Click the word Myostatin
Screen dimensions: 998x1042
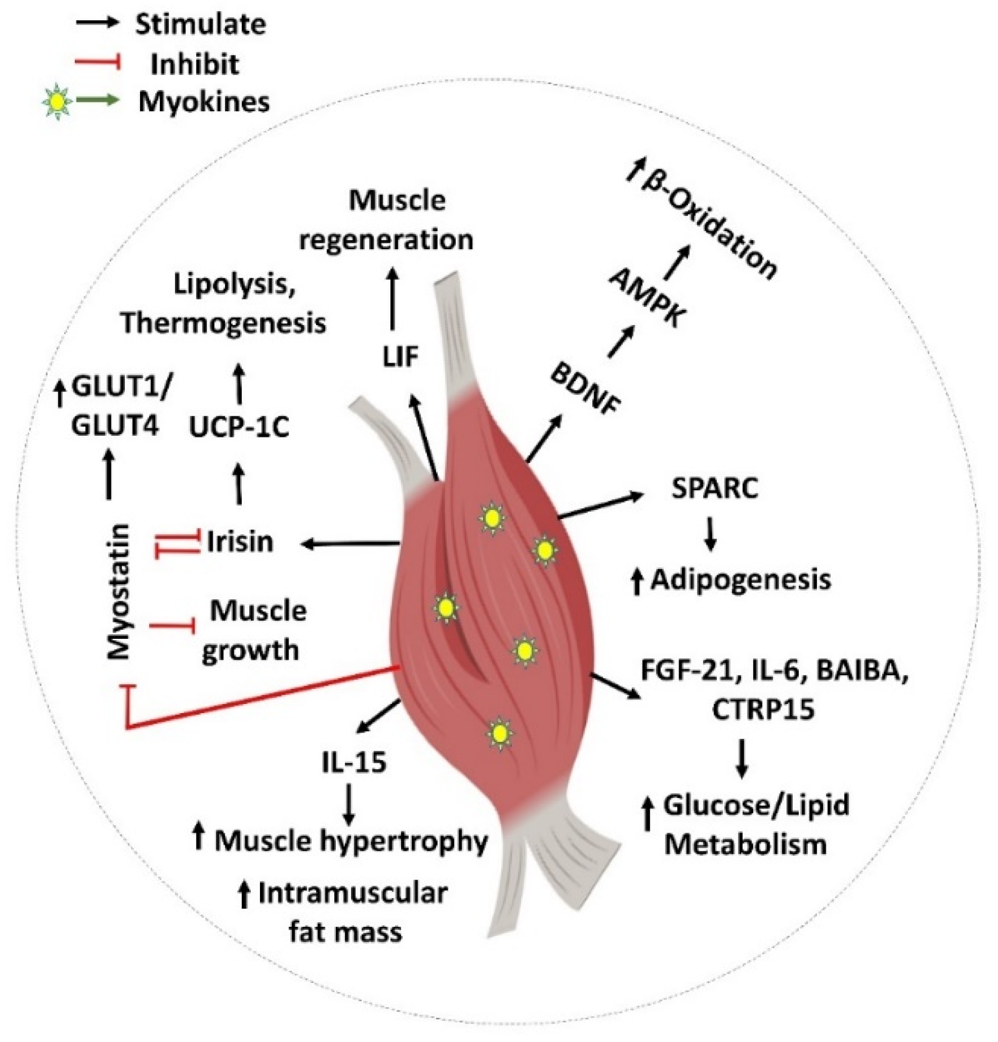pos(120,592)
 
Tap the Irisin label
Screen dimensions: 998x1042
pos(240,542)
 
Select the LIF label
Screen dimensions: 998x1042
pos(401,357)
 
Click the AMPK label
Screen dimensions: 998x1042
pos(647,298)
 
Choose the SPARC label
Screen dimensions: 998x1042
pos(714,488)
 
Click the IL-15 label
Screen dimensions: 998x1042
pos(354,763)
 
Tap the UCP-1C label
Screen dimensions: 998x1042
pos(239,428)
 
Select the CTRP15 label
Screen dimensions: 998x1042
pos(763,710)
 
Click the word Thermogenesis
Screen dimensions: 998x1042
pos(224,323)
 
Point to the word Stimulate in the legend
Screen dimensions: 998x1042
pos(201,24)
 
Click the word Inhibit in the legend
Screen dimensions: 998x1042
pos(195,64)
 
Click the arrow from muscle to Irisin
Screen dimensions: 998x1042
pos(350,544)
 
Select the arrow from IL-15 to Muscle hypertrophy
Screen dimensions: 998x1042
pos(348,804)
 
